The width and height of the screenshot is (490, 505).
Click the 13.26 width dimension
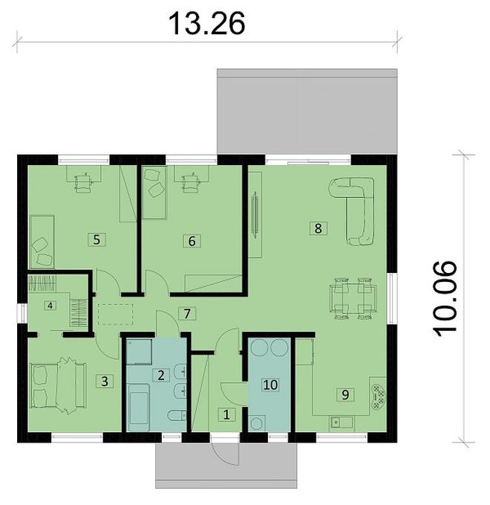pyautogui.click(x=206, y=22)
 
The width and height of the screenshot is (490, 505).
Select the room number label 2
pyautogui.click(x=160, y=374)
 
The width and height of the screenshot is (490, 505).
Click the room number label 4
pyautogui.click(x=50, y=305)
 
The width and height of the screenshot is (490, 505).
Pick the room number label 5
pyautogui.click(x=95, y=239)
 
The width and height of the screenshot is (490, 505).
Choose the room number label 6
pyautogui.click(x=191, y=240)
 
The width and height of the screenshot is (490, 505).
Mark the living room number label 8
pyautogui.click(x=318, y=228)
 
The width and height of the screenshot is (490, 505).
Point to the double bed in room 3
pyautogui.click(x=58, y=385)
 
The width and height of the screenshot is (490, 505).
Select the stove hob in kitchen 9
pyautogui.click(x=379, y=394)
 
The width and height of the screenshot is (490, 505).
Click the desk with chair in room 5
pyautogui.click(x=82, y=178)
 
